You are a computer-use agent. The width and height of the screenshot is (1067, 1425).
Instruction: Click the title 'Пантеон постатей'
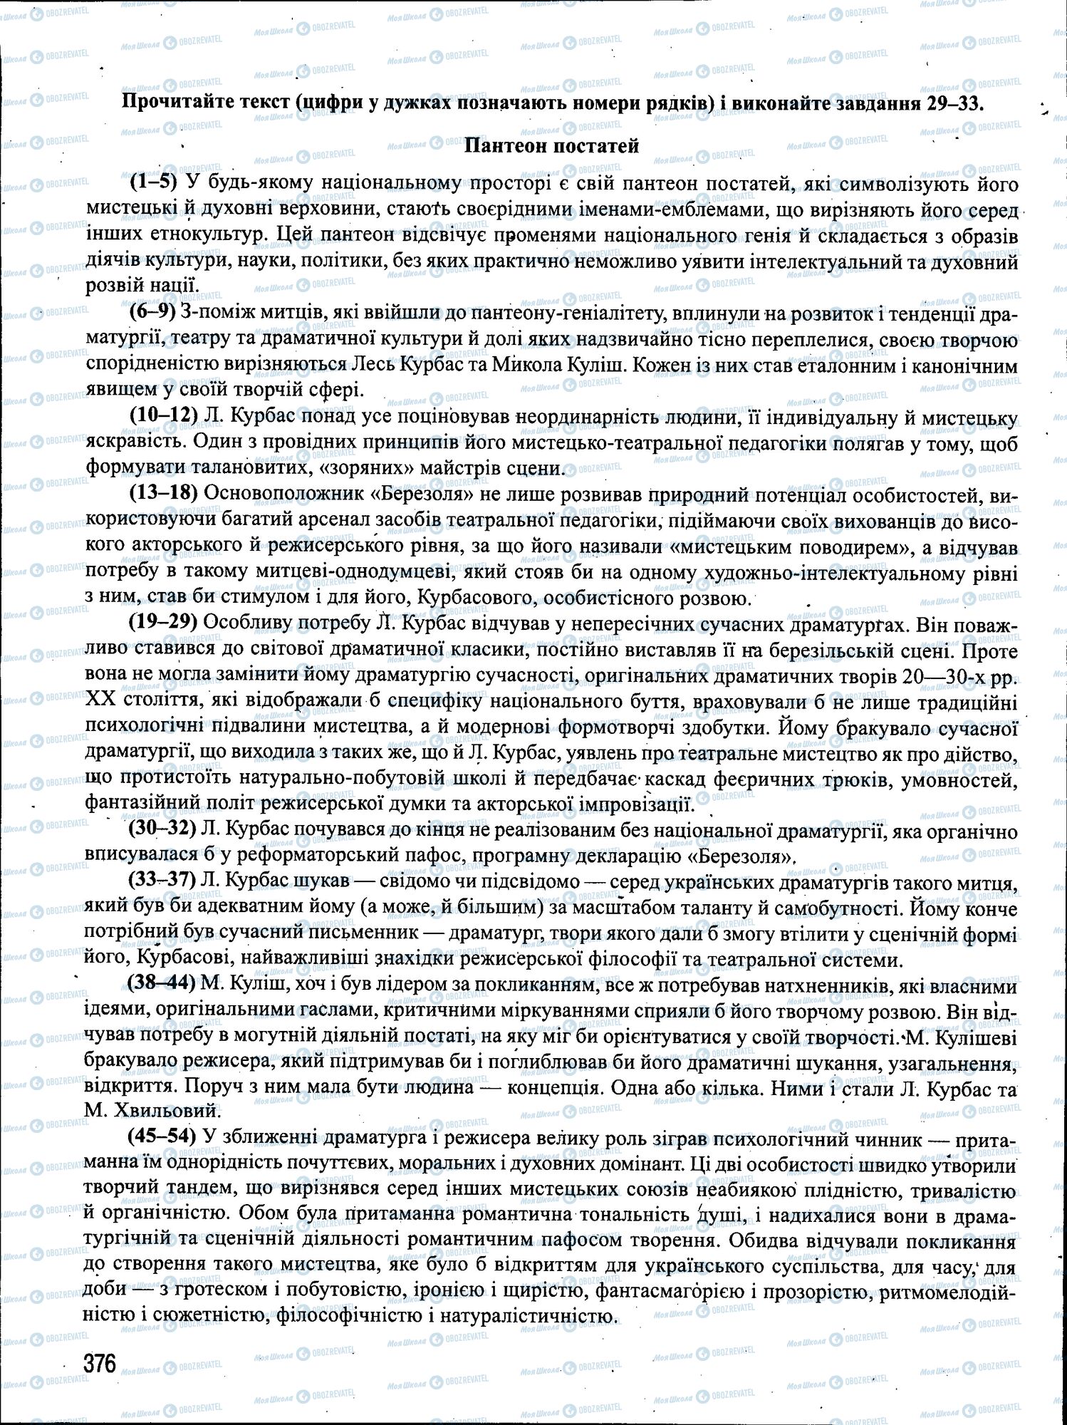(x=551, y=146)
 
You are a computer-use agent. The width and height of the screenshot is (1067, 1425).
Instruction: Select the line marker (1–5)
(x=153, y=182)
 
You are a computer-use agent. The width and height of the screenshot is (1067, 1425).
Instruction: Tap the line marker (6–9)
(x=152, y=313)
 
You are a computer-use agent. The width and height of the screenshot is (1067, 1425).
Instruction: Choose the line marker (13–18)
(x=163, y=494)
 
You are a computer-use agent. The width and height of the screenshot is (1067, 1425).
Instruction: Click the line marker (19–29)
(x=162, y=622)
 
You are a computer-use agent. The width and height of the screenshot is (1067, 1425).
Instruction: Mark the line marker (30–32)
(x=162, y=829)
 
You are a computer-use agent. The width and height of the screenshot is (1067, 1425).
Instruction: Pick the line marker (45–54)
(x=162, y=1138)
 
